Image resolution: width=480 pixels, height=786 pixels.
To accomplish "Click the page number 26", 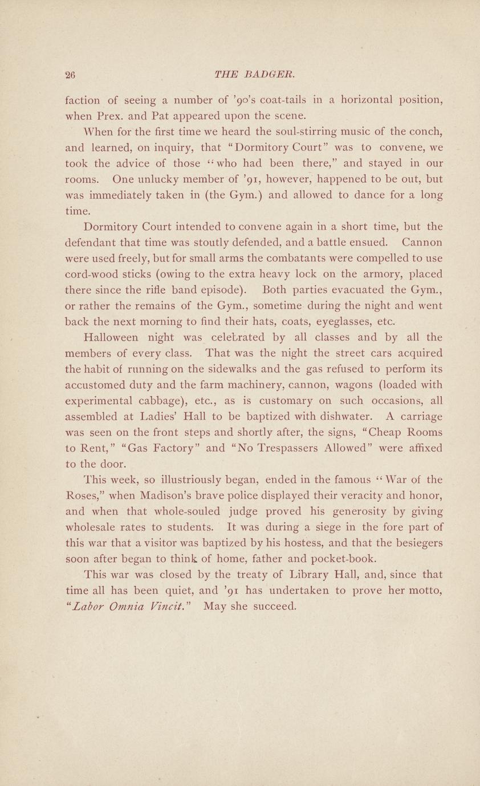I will tap(72, 75).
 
